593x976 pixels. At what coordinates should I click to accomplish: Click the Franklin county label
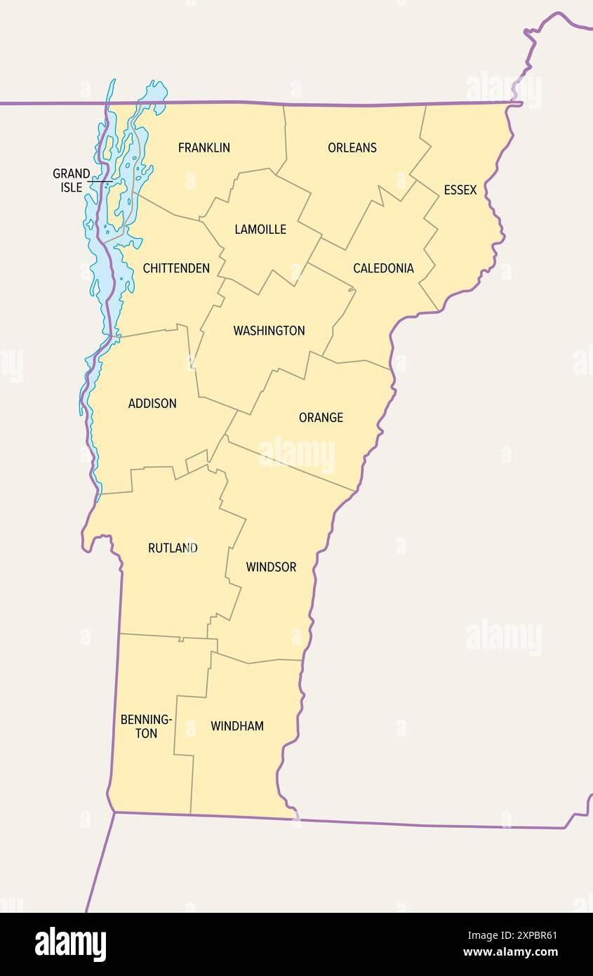(x=204, y=147)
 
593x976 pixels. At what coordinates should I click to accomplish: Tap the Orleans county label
(x=352, y=147)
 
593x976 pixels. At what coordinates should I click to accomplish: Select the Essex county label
(x=460, y=190)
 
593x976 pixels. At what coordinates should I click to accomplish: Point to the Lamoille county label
(x=260, y=229)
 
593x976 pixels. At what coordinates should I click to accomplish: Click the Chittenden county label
(x=176, y=268)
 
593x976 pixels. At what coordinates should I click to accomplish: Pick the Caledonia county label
(x=383, y=268)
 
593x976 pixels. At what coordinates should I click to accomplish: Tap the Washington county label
(x=269, y=330)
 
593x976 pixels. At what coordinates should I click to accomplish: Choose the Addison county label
(x=152, y=403)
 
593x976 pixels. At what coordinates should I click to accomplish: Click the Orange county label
(x=321, y=417)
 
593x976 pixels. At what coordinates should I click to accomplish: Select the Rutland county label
(x=173, y=548)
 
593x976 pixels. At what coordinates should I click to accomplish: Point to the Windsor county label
(x=271, y=567)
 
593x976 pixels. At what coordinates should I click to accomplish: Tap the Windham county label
(x=237, y=726)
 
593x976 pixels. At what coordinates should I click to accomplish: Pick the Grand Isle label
(x=71, y=180)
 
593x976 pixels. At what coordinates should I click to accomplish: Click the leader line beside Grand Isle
(x=100, y=182)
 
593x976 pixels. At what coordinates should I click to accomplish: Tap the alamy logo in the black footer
(x=70, y=944)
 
